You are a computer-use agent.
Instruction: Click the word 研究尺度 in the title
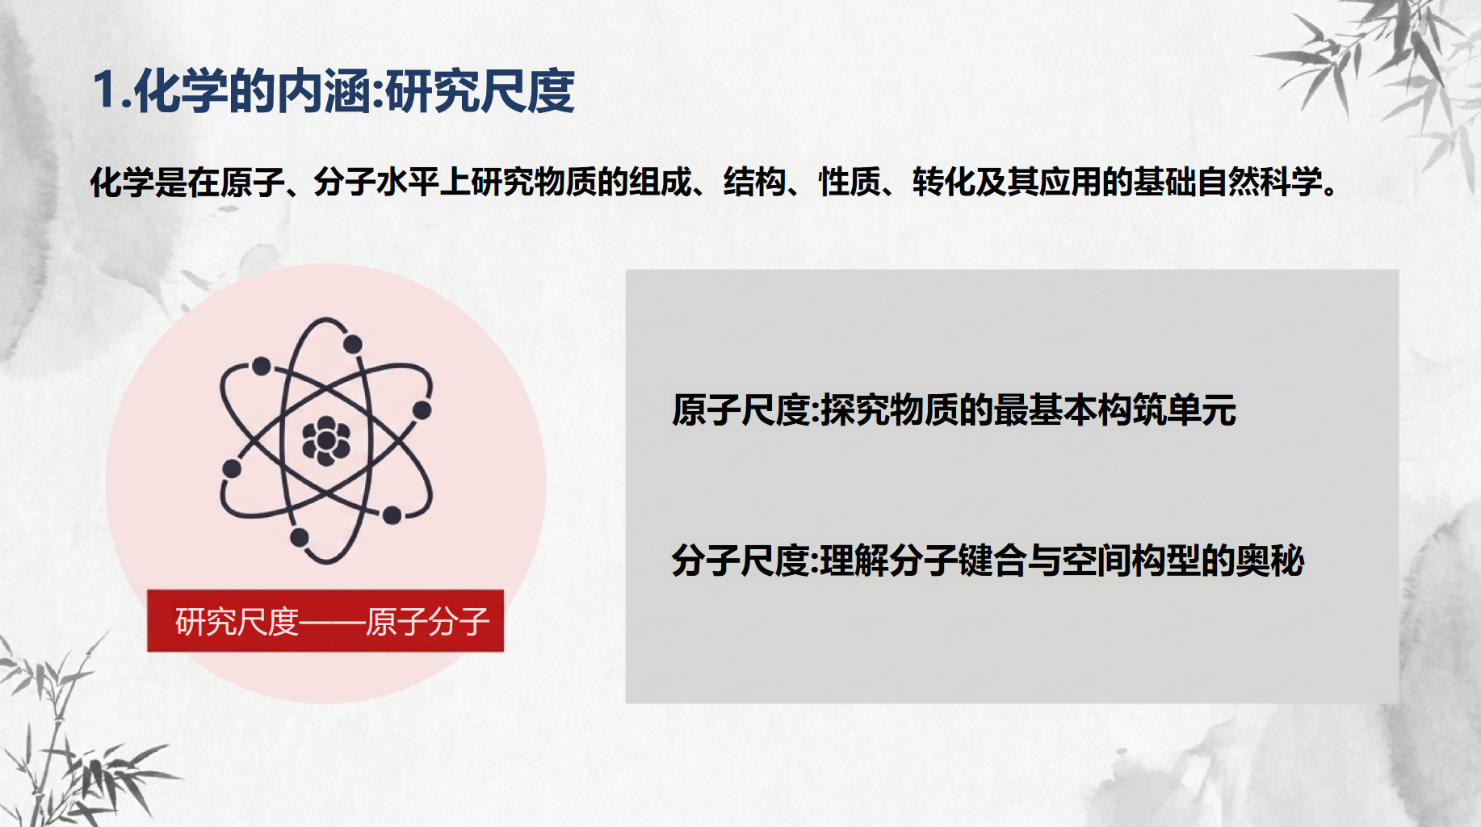(x=480, y=90)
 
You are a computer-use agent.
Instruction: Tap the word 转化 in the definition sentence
(x=943, y=183)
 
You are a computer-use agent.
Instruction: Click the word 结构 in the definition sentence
(x=754, y=183)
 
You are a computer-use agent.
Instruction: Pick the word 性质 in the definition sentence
(x=850, y=183)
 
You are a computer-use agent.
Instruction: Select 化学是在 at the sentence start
(x=153, y=183)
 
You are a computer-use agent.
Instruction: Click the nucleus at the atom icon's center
(x=325, y=441)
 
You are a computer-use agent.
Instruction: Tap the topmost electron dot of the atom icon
(x=352, y=345)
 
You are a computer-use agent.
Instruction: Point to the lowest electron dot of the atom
(x=299, y=537)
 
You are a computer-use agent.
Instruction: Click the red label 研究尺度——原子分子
(x=325, y=621)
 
